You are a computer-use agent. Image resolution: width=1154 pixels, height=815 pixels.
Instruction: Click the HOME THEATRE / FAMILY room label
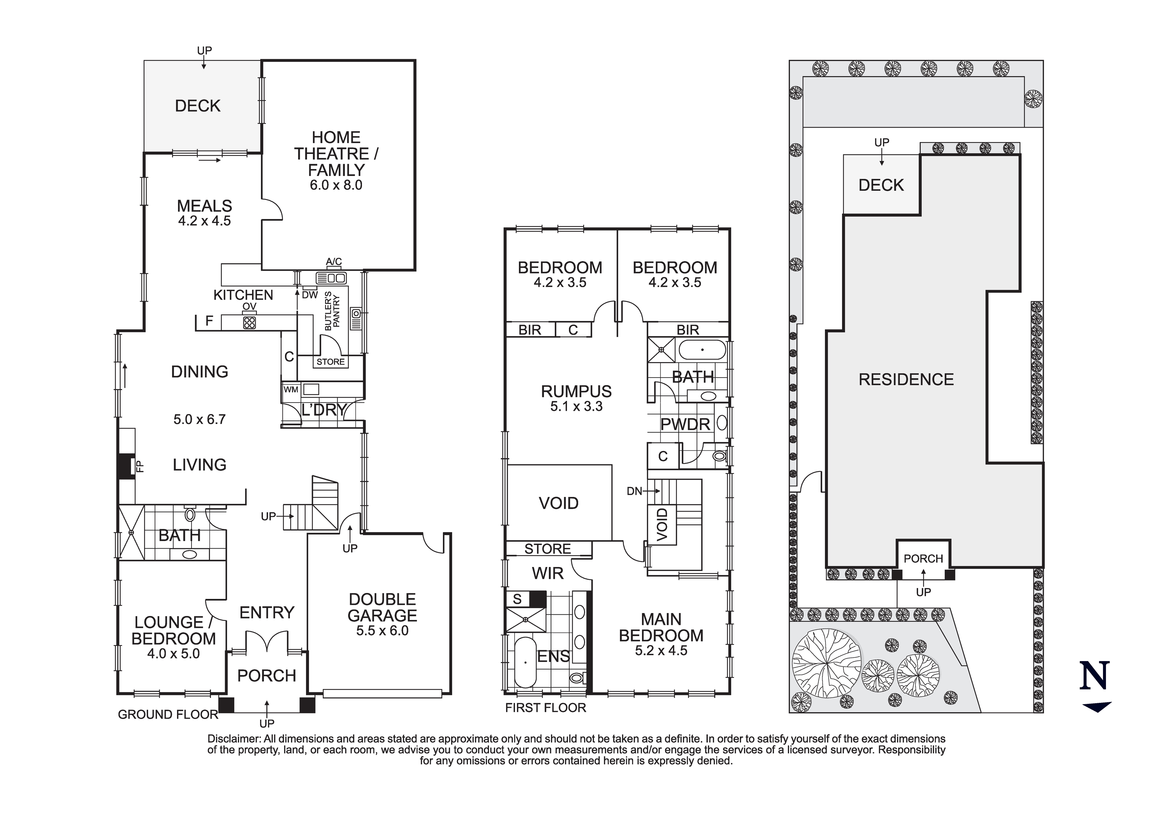tap(336, 153)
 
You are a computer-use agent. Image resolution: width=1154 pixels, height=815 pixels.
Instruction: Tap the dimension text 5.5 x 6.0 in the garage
tap(382, 630)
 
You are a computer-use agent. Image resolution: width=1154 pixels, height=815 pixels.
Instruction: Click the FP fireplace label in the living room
tap(141, 466)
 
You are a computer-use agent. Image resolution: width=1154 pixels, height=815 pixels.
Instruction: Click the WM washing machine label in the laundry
tap(291, 389)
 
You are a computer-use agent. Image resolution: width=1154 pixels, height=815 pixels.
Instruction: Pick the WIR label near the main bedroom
tap(547, 573)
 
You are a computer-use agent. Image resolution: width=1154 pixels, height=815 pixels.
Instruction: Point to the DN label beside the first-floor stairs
tap(634, 491)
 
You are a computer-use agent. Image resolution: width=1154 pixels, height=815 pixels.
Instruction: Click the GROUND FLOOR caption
tap(168, 714)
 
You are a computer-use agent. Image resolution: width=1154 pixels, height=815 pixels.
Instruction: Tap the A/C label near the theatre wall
tap(334, 261)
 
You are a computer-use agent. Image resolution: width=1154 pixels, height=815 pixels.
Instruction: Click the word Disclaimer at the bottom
tap(234, 739)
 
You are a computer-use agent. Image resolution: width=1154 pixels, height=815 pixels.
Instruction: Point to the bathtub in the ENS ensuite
tap(525, 662)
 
